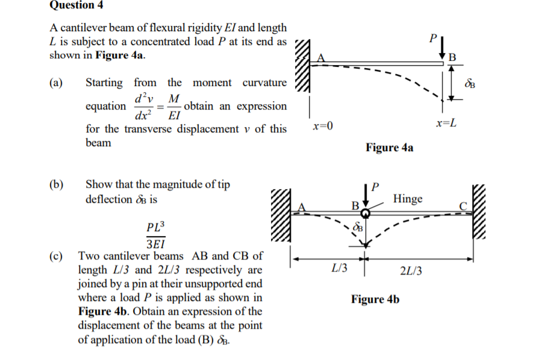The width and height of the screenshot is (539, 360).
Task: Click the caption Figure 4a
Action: (390, 147)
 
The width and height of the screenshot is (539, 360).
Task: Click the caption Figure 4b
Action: (375, 299)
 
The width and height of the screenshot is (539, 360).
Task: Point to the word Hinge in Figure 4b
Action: (408, 198)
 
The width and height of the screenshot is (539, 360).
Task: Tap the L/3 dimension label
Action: (340, 268)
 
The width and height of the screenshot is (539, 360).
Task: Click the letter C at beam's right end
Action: (463, 206)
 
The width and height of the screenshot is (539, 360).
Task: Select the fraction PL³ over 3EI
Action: (155, 235)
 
